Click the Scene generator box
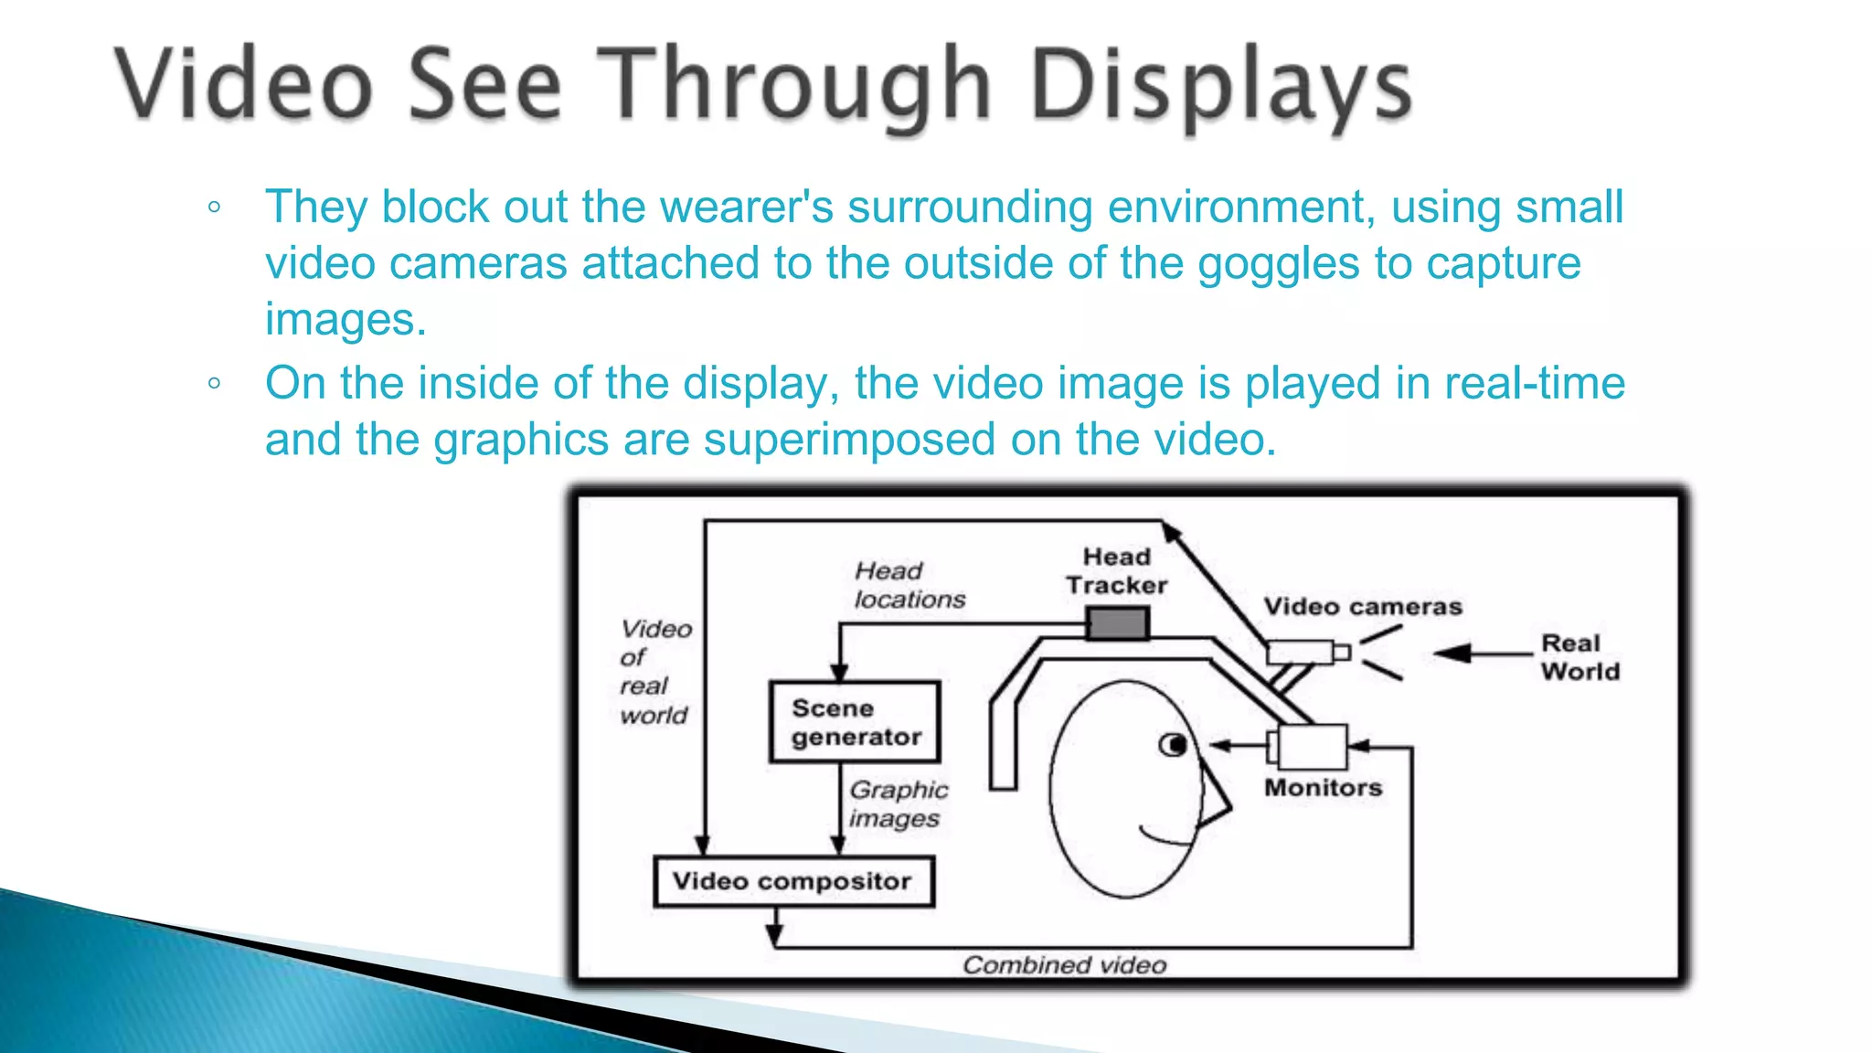tap(855, 722)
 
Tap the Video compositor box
tap(793, 881)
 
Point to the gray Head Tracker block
tap(1117, 624)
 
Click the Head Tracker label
tap(1116, 571)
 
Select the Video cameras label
tap(1362, 606)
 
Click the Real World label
tap(1579, 657)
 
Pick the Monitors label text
tap(1323, 787)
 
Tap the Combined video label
tap(1064, 964)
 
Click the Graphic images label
tap(898, 803)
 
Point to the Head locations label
tap(909, 585)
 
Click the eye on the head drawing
tap(1174, 745)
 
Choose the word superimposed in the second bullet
tap(849, 440)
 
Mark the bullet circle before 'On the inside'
tap(214, 384)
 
